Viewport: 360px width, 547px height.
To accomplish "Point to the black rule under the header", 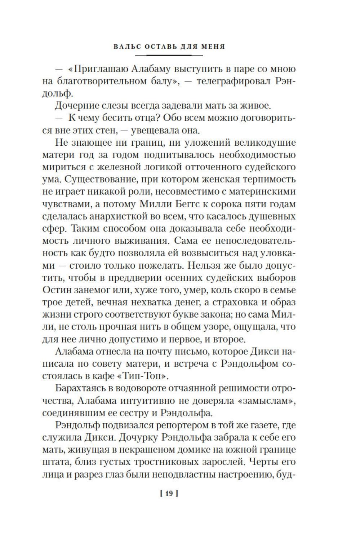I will point(169,55).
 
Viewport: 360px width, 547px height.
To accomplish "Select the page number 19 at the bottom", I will point(169,494).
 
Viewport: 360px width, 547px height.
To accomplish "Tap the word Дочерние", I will point(79,106).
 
